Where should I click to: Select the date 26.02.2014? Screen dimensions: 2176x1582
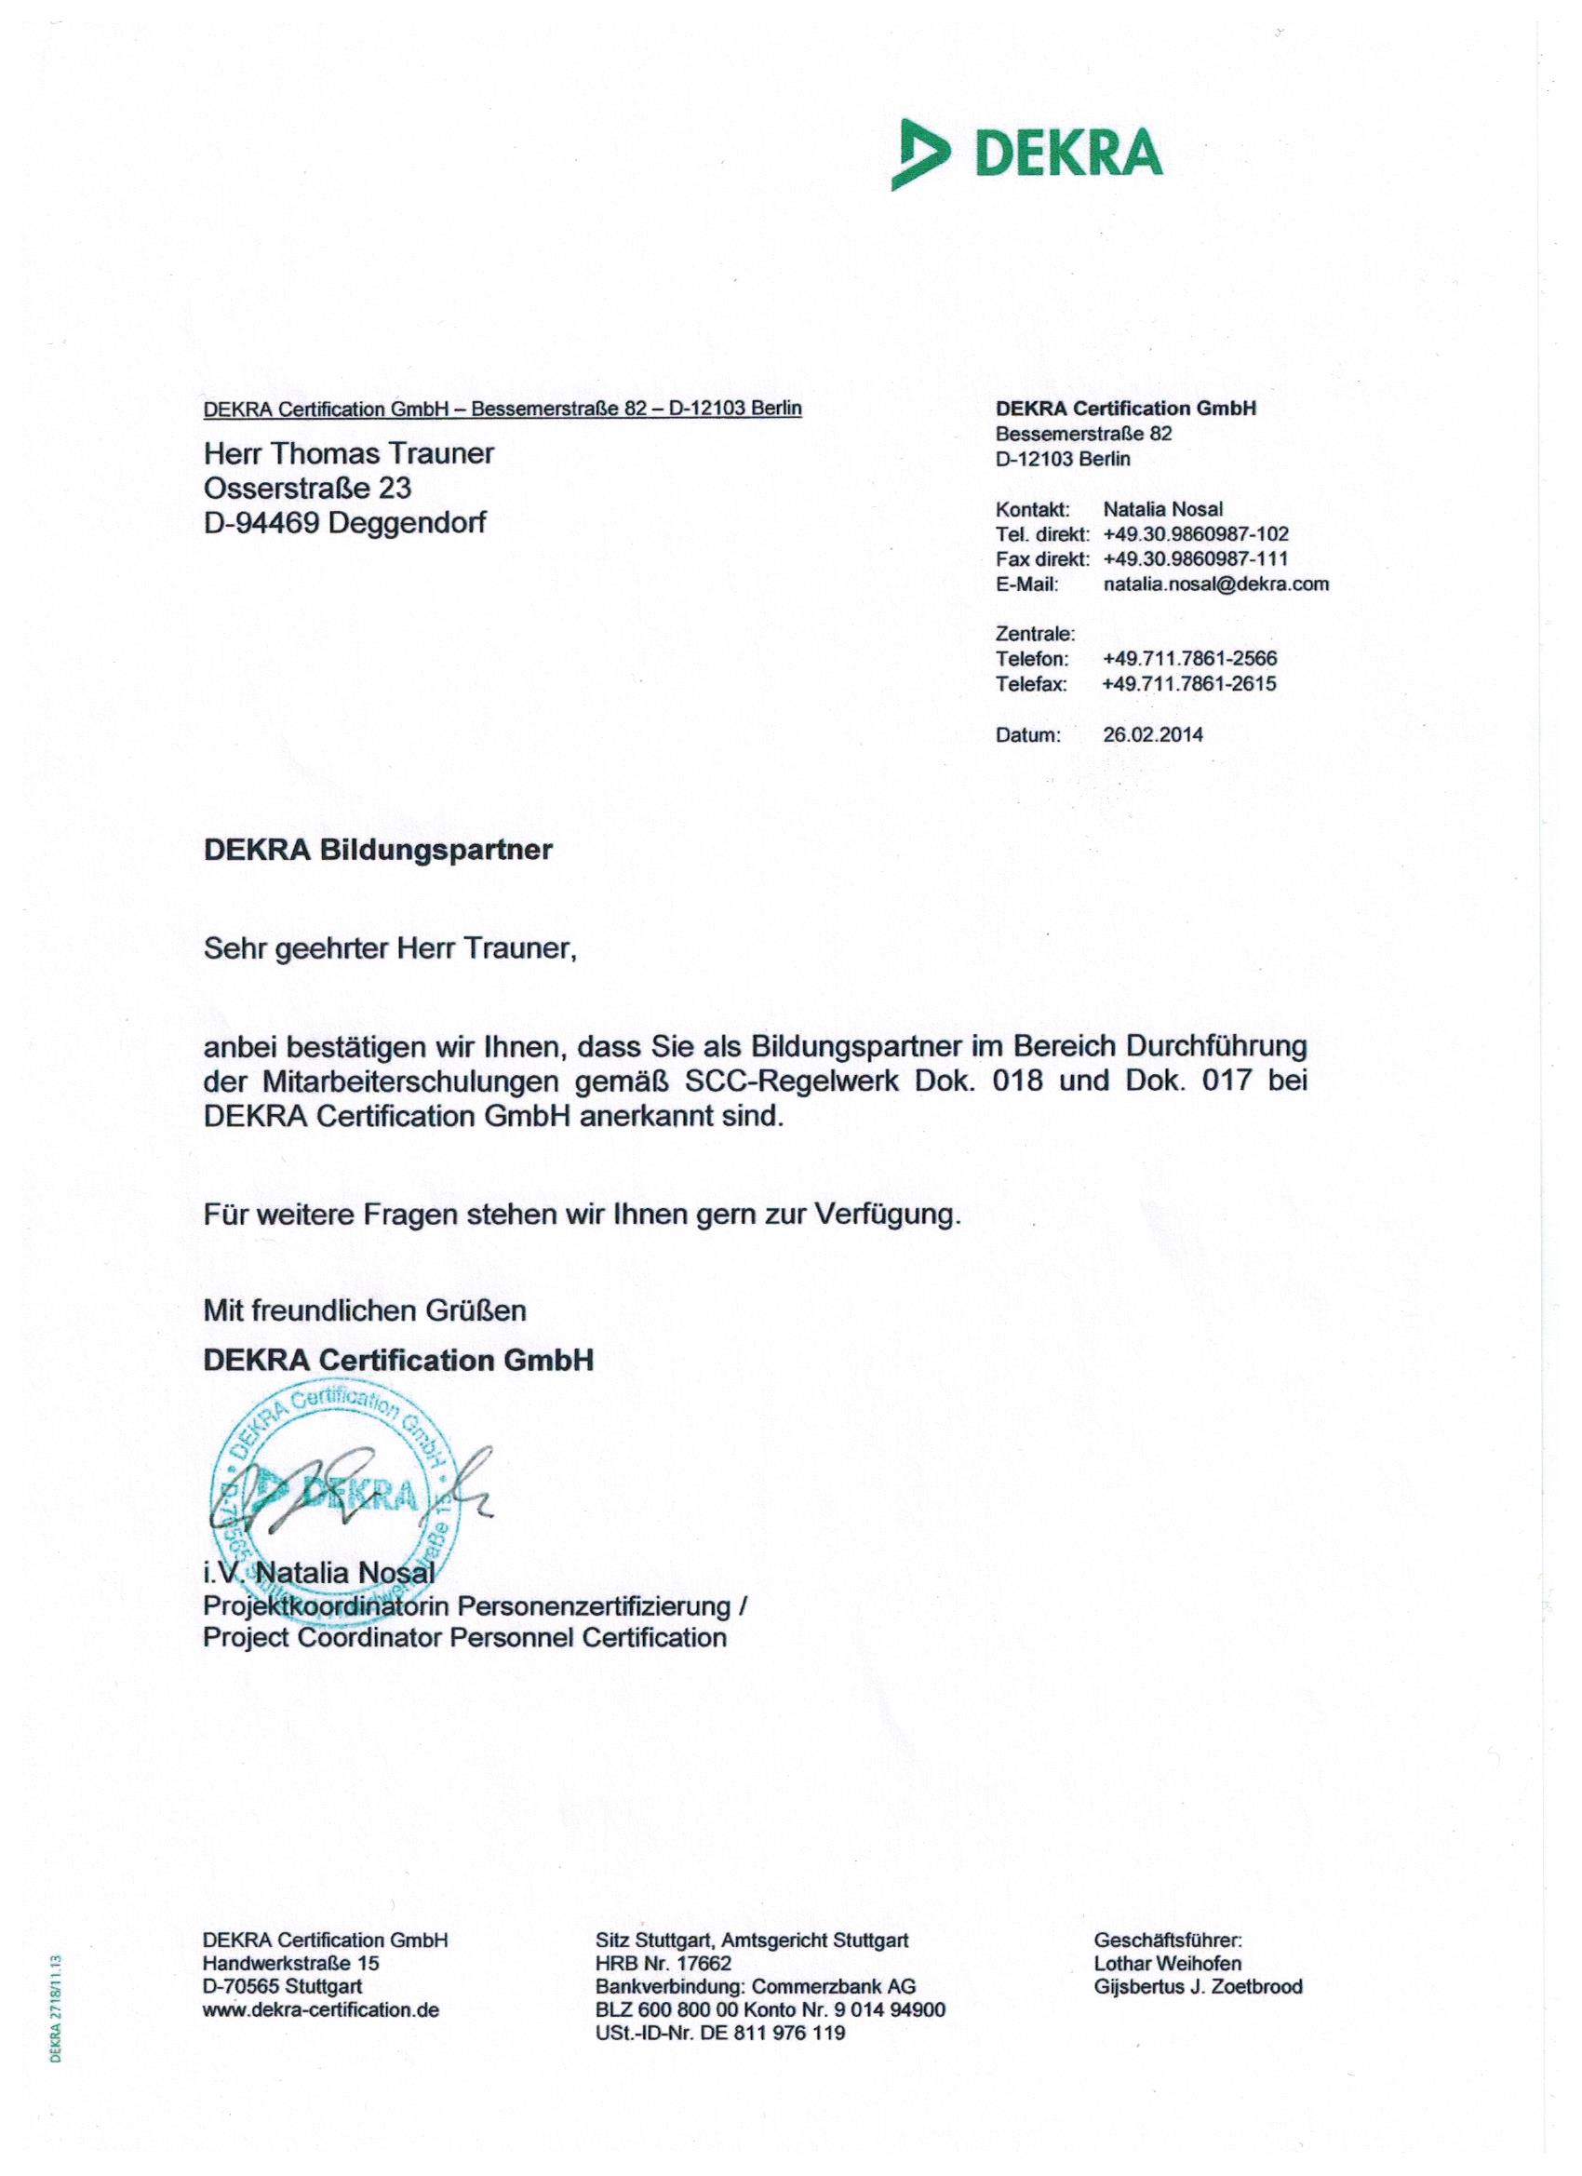pyautogui.click(x=1152, y=735)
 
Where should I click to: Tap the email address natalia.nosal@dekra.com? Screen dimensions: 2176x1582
pyautogui.click(x=1215, y=584)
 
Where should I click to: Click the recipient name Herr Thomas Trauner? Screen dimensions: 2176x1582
pyautogui.click(x=348, y=453)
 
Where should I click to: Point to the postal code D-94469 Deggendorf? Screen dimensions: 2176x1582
pyautogui.click(x=344, y=523)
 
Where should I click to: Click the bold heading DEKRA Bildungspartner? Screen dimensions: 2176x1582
pyautogui.click(x=377, y=851)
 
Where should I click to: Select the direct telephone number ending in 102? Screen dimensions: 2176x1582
pyautogui.click(x=1196, y=534)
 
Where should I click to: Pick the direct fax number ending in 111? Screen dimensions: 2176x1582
pyautogui.click(x=1196, y=559)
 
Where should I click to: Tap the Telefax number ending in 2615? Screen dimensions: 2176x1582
pyautogui.click(x=1188, y=684)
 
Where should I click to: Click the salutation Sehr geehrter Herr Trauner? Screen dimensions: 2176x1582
pyautogui.click(x=390, y=949)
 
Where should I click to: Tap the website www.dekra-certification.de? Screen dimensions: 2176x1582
pyautogui.click(x=320, y=2009)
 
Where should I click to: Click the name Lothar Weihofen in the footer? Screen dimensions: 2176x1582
pyautogui.click(x=1167, y=1963)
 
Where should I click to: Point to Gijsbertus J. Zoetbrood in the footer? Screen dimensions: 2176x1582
pyautogui.click(x=1198, y=1986)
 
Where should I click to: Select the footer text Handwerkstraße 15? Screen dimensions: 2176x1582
pyautogui.click(x=290, y=1963)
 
